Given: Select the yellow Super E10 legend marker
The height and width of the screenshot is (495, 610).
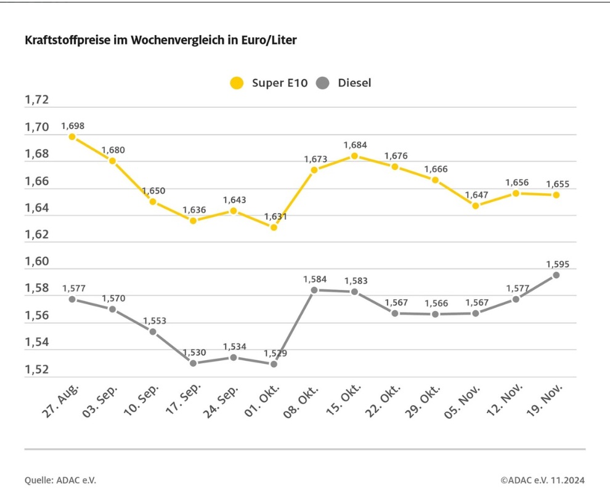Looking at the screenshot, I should coord(237,83).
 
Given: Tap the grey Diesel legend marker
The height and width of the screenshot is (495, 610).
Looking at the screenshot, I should coord(323,83).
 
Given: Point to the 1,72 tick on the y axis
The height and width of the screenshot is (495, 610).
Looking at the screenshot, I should coord(36,100).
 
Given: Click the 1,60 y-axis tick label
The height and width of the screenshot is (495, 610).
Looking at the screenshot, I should coord(36,262).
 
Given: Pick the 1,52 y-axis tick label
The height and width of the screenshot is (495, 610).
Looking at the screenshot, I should coord(36,369).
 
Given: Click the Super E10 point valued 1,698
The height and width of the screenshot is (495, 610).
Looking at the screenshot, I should coord(72,137).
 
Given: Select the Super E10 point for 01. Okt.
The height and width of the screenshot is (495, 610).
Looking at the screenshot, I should coord(274,227).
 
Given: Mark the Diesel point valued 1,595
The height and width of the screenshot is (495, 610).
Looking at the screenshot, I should coord(556,275).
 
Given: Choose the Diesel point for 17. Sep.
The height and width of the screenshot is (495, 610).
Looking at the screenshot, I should coord(193,363).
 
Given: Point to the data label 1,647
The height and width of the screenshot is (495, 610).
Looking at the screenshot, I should coord(476,195).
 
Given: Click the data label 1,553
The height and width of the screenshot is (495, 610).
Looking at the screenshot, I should coord(154,321).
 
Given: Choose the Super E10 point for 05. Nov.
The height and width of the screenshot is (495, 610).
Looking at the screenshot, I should coord(476,206).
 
